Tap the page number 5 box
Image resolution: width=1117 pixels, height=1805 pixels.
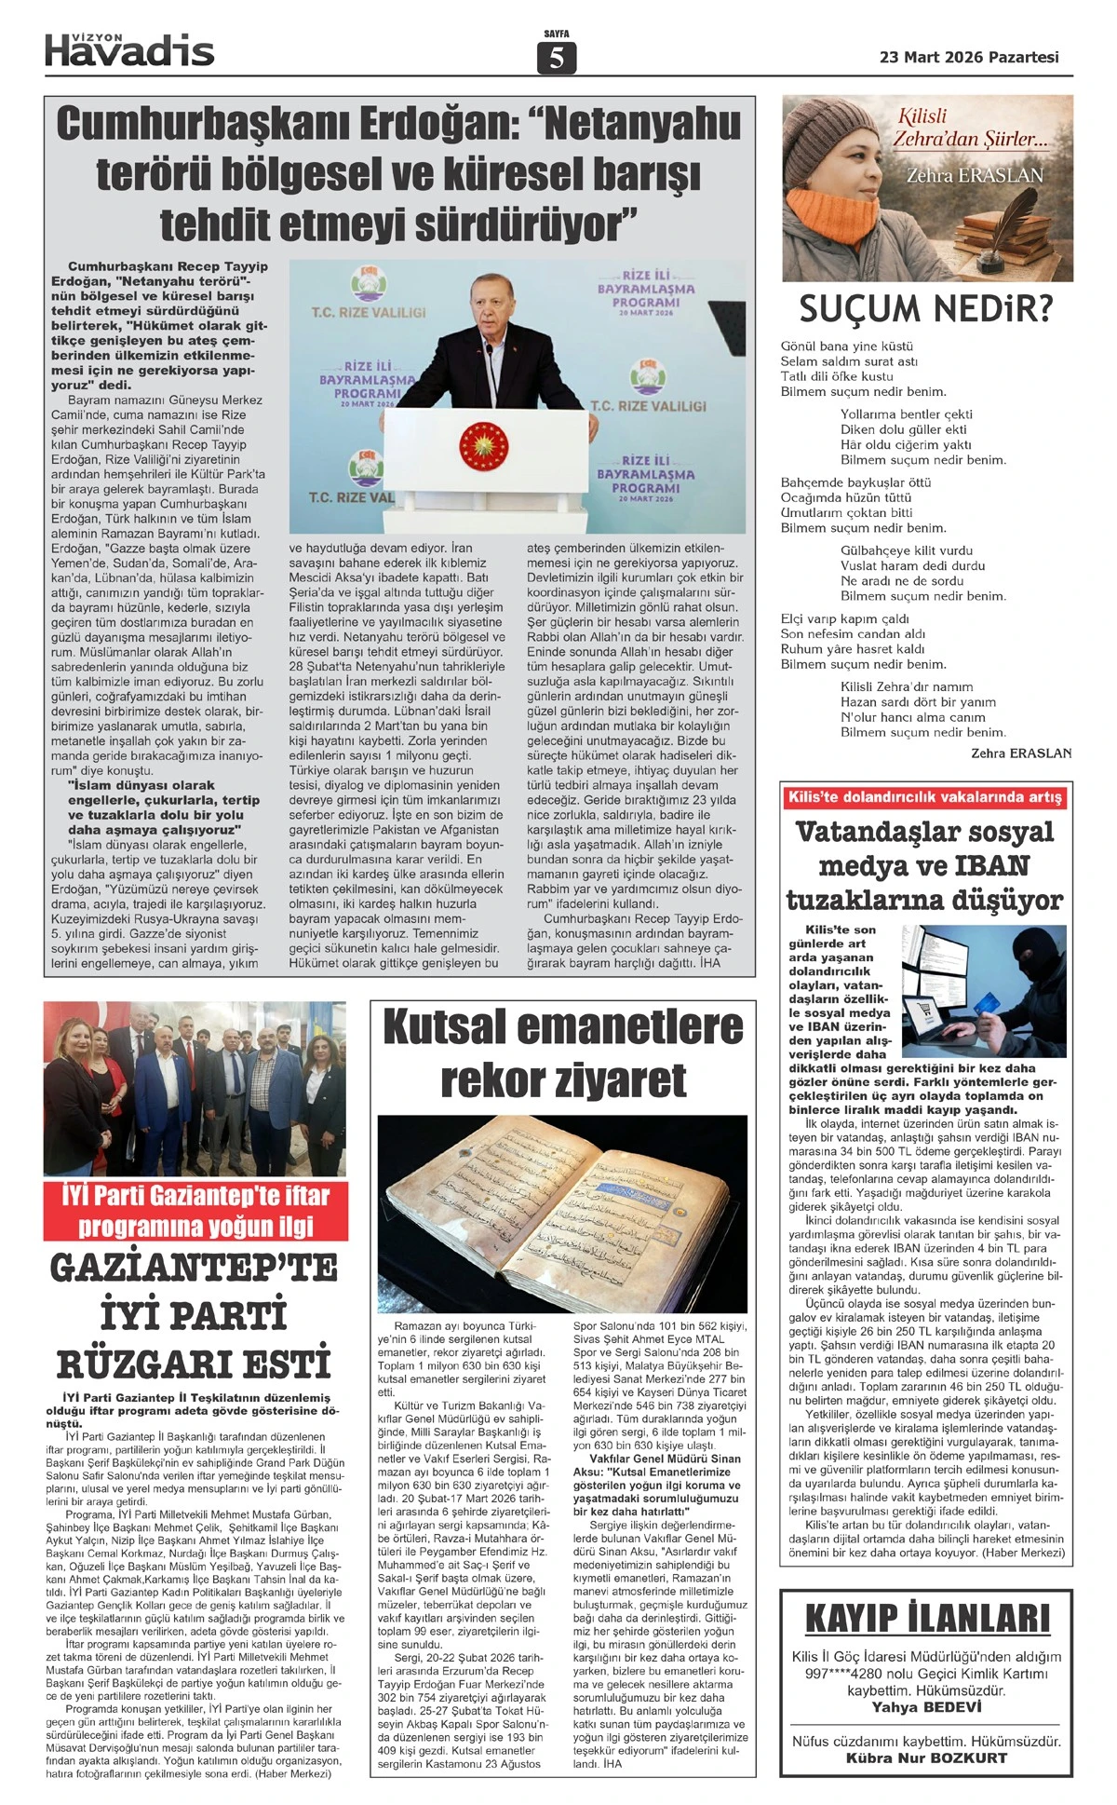coord(557,58)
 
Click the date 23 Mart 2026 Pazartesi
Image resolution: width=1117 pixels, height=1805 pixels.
coord(969,57)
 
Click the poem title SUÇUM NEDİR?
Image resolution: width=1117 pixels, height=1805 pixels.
coord(925,308)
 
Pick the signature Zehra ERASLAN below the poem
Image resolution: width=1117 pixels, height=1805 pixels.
coord(1020,753)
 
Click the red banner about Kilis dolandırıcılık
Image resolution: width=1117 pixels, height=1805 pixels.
coord(924,797)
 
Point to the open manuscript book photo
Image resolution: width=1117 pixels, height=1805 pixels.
coord(562,1213)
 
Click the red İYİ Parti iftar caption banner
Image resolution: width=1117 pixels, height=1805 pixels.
coord(195,1210)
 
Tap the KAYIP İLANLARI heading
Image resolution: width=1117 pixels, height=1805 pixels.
coord(926,1619)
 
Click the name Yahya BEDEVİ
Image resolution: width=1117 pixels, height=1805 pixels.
coord(926,1707)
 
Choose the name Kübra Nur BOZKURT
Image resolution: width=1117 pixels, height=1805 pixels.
coord(926,1757)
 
